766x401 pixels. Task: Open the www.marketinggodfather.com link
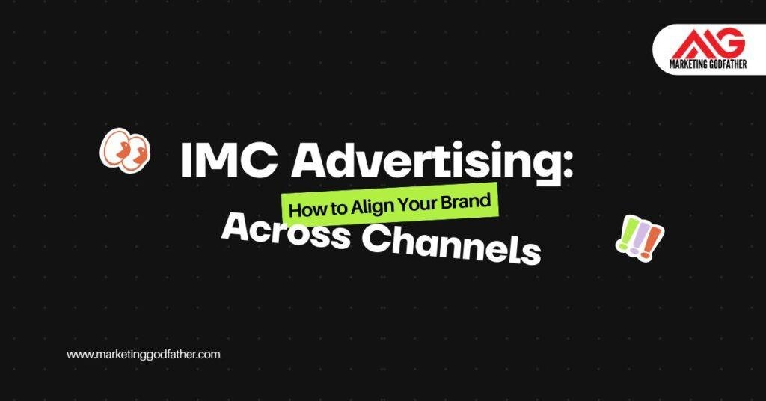pos(144,355)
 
